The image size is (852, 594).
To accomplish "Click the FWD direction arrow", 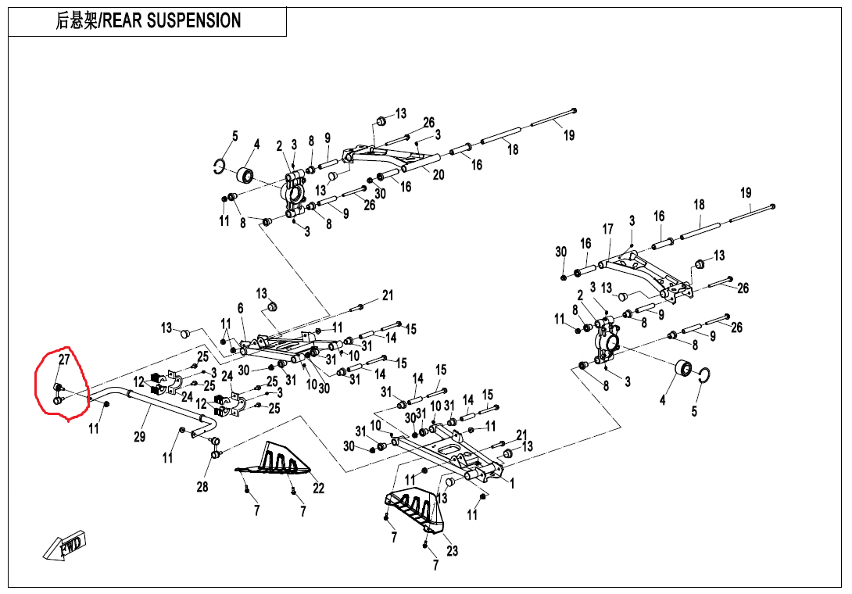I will pyautogui.click(x=65, y=546).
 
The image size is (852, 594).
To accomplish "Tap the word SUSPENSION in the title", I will pyautogui.click(x=199, y=21).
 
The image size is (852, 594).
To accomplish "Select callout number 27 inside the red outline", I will pyautogui.click(x=65, y=360).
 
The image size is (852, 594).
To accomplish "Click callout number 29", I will pyautogui.click(x=139, y=436).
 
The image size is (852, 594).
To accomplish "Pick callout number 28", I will pyautogui.click(x=202, y=487).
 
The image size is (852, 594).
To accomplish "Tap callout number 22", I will pyautogui.click(x=318, y=488).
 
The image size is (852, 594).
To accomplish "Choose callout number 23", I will pyautogui.click(x=452, y=550).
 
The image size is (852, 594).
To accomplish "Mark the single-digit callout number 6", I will pyautogui.click(x=241, y=309).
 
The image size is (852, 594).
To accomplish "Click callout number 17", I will pyautogui.click(x=607, y=229).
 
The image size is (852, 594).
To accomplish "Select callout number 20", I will pyautogui.click(x=439, y=174).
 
